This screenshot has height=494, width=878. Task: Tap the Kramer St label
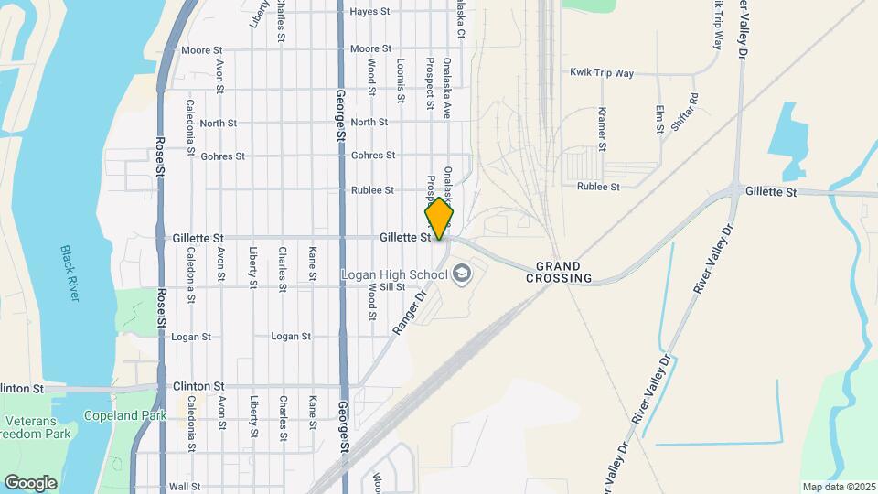click(x=602, y=128)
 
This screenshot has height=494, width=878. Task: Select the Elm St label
click(x=659, y=119)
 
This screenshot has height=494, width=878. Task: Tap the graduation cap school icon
click(x=462, y=274)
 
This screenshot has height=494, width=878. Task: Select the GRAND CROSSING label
click(x=559, y=271)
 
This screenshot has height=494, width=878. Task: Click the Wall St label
click(x=184, y=487)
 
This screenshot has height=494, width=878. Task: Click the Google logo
click(x=30, y=482)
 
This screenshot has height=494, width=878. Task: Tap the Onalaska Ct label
click(x=461, y=19)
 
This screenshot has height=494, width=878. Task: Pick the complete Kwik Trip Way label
click(x=601, y=71)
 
